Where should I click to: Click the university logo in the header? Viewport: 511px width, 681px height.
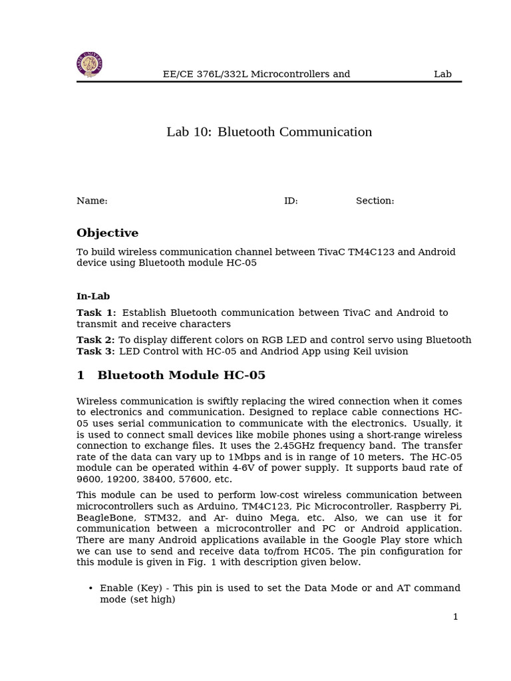point(89,65)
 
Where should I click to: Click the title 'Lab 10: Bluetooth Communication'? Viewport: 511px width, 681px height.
point(269,132)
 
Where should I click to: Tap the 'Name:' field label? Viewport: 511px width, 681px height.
point(92,201)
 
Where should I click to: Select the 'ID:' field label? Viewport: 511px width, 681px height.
point(291,201)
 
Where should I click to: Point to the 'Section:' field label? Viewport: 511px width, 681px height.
point(375,201)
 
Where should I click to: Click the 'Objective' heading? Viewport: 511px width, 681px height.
point(107,233)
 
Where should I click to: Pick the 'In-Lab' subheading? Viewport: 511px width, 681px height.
point(93,297)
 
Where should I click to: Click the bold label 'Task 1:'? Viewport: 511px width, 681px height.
point(96,313)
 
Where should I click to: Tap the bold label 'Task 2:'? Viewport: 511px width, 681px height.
point(96,340)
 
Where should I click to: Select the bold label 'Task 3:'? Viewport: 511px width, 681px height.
point(96,351)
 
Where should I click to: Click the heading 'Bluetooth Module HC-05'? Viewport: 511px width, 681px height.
point(181,376)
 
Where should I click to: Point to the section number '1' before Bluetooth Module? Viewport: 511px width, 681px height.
point(81,376)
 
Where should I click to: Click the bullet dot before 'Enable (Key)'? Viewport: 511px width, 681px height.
point(90,589)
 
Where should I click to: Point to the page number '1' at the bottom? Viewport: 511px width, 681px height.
point(455,617)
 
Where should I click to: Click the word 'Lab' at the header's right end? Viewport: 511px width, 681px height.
point(442,74)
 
